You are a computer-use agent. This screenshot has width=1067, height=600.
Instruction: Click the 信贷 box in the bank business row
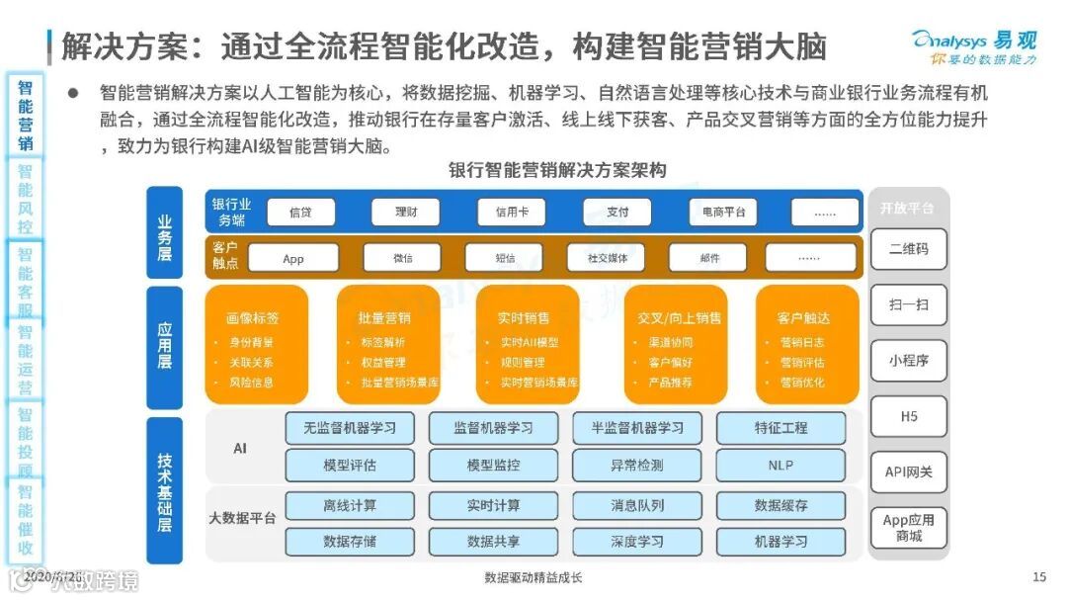click(300, 213)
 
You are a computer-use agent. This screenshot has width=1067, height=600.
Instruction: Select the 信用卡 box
click(511, 213)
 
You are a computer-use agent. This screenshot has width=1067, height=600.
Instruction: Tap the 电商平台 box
click(723, 213)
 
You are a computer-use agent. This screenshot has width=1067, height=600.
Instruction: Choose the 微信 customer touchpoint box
click(402, 258)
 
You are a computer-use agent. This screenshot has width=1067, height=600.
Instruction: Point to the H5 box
click(908, 417)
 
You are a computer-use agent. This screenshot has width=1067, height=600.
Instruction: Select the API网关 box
click(908, 471)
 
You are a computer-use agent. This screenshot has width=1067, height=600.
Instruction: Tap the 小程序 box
click(908, 361)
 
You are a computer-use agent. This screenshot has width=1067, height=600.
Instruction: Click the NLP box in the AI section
click(780, 465)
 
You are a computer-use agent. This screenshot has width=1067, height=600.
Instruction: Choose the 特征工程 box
click(780, 428)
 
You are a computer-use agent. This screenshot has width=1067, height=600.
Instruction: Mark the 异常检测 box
click(637, 465)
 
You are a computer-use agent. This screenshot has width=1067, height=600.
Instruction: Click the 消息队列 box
click(637, 505)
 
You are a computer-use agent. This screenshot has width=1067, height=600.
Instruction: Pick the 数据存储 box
click(350, 542)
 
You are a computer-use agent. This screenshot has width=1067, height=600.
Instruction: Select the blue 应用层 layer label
click(164, 347)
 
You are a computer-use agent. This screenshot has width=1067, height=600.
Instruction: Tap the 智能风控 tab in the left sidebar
click(25, 199)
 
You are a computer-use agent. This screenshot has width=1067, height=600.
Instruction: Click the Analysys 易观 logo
click(972, 45)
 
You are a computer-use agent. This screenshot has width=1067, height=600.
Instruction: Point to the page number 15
click(1038, 577)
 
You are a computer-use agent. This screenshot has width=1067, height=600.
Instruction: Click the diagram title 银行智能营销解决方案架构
click(557, 170)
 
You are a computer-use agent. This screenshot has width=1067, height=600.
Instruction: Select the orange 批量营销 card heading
click(385, 318)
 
